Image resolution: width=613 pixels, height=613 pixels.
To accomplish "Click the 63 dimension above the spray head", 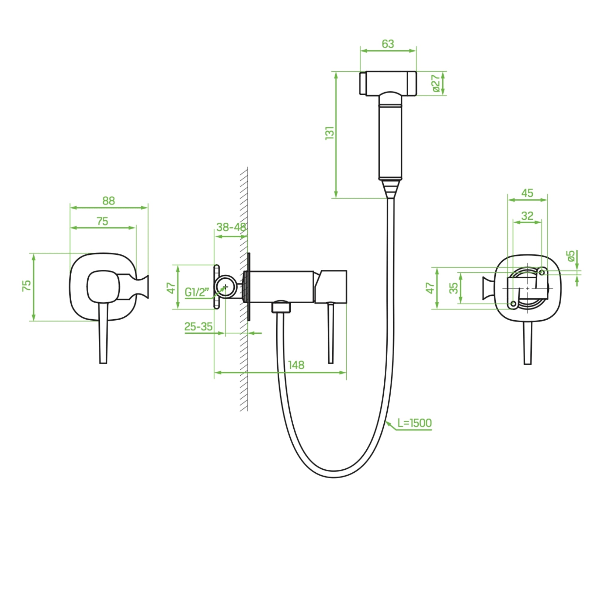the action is [388, 44].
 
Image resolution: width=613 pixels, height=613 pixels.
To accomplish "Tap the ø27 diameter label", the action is [436, 83].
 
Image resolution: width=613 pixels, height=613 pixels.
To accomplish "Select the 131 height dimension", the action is [330, 133].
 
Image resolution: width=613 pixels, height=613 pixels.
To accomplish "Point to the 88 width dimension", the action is [109, 201].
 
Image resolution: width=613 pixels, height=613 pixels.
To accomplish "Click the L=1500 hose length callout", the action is [414, 423].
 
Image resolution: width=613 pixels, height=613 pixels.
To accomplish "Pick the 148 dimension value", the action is [296, 365].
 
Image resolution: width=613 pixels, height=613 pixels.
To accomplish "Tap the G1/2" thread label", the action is [197, 292].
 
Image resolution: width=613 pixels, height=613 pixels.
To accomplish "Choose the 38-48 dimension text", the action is [231, 227].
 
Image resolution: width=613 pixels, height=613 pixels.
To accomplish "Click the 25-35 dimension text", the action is [198, 327].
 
